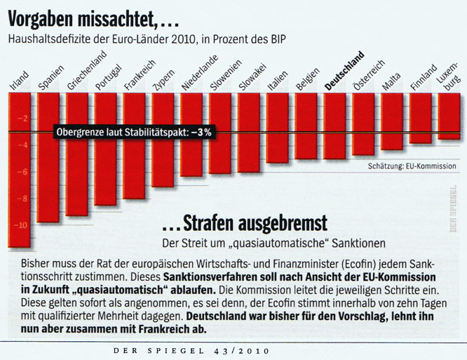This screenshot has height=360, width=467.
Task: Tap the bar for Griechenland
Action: click(76, 154)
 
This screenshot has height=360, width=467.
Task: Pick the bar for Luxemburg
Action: click(449, 116)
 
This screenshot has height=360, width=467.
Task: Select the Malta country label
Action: click(391, 84)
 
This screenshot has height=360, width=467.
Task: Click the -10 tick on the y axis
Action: click(19, 225)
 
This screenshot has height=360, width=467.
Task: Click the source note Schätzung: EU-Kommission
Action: click(412, 166)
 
